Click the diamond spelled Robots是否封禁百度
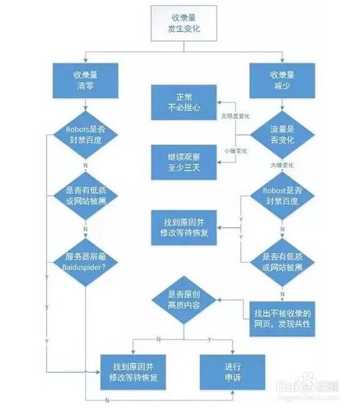(x=86, y=135)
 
